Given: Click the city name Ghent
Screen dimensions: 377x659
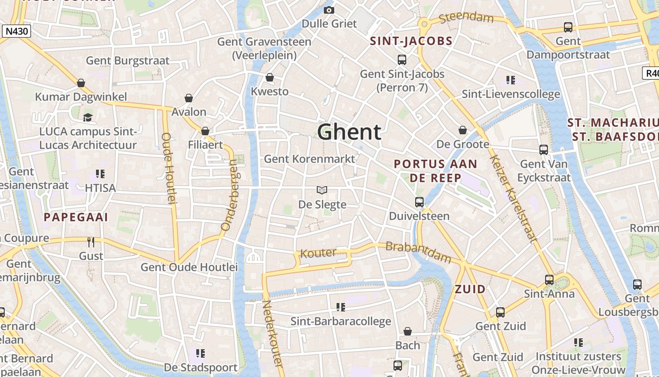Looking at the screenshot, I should coord(349,132).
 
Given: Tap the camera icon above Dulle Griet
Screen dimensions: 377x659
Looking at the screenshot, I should coord(329,10).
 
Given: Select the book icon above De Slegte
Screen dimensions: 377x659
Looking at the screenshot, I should coord(322,190).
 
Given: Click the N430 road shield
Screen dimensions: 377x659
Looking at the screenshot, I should coord(16,32).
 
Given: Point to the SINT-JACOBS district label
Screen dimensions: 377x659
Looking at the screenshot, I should coord(411,41).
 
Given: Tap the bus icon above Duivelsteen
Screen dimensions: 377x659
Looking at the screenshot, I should coord(419,202).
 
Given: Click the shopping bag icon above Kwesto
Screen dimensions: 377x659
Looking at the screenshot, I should coord(270,77).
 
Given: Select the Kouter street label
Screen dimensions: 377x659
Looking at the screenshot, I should coord(319,254).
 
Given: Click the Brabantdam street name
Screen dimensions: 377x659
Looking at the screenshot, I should coord(418,252).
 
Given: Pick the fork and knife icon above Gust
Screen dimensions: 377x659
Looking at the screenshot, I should coord(91,242).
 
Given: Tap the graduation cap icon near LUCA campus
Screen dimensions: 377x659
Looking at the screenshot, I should coord(88,117).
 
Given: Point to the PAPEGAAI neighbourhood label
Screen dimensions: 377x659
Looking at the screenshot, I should coord(76,217).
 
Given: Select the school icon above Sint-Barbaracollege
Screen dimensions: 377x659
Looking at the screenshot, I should coord(341,307).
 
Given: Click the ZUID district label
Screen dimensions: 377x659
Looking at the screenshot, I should coord(470,289).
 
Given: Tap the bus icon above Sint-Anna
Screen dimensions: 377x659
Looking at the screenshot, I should coord(549,279).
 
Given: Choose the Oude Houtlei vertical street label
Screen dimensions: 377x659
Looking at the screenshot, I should coord(168,168).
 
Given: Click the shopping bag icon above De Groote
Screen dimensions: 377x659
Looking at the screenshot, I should coord(463,130).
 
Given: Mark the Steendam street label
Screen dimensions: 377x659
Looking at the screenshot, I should coord(466,18).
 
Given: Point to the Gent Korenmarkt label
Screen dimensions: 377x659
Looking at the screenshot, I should coord(309,159).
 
